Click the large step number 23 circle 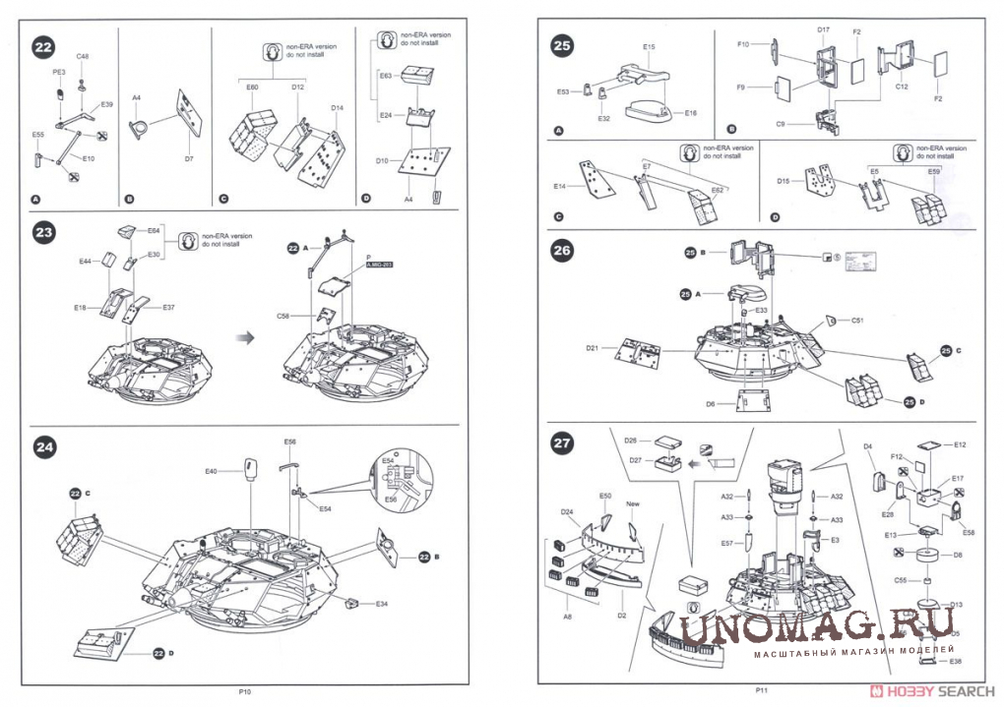(43, 235)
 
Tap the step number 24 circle (43, 447)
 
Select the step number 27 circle (562, 444)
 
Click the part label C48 (83, 58)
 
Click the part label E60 (252, 88)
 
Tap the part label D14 (337, 106)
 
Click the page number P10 (245, 692)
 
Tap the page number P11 (762, 692)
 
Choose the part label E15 (649, 46)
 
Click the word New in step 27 (633, 504)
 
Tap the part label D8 (956, 556)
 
